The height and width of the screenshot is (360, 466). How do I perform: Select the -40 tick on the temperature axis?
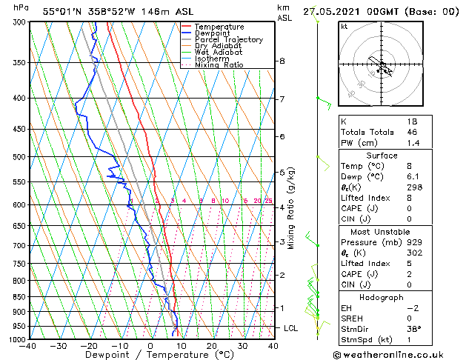click(29, 345)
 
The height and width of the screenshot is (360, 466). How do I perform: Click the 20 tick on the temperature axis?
click(212, 345)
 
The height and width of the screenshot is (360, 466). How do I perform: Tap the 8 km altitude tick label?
click(282, 61)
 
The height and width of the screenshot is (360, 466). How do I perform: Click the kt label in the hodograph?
click(344, 27)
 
